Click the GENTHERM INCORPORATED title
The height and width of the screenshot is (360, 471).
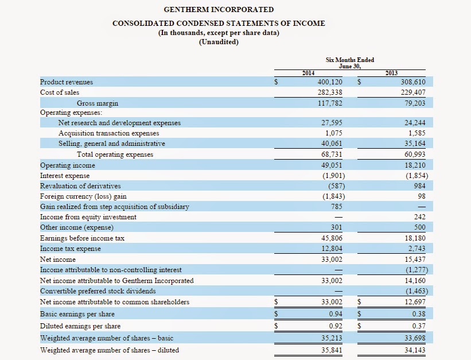219,10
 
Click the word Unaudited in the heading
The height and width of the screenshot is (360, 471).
219,42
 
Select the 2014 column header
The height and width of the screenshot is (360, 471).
308,73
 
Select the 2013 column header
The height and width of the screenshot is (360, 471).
392,73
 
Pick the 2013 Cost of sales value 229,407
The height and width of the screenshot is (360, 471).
413,92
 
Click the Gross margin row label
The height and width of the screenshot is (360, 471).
98,103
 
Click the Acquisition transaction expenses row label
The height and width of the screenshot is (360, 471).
108,133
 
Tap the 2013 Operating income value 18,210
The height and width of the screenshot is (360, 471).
415,165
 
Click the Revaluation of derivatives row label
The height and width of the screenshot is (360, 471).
80,186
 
